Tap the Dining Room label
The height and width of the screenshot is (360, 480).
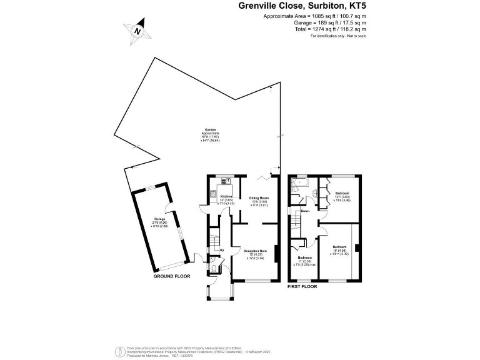click(x=259, y=199)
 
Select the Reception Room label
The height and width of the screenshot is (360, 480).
click(x=264, y=254)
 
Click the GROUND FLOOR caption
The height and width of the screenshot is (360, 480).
click(x=172, y=276)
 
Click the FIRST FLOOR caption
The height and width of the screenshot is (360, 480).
click(x=302, y=286)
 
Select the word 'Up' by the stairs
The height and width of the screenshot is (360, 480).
click(x=221, y=251)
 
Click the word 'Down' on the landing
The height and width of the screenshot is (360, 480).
click(x=305, y=211)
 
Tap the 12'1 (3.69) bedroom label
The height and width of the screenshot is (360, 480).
click(x=342, y=197)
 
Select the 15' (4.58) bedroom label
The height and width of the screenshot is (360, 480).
click(x=340, y=251)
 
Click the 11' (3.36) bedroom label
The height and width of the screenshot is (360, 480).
click(x=304, y=261)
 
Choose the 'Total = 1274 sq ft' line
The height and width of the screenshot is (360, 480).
click(x=330, y=29)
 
